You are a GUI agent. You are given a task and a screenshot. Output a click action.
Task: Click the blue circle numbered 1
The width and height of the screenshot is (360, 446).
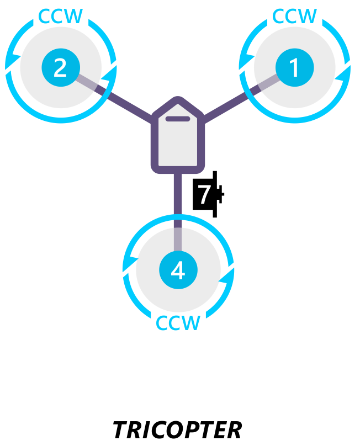[294, 68]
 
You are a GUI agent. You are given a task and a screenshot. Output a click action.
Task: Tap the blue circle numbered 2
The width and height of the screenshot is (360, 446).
[60, 68]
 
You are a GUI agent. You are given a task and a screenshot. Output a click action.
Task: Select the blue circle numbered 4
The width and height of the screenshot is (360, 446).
[178, 270]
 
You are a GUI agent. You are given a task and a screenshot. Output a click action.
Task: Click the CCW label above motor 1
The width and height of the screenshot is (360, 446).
[295, 16]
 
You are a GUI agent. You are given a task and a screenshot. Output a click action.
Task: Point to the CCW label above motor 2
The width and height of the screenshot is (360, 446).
[60, 16]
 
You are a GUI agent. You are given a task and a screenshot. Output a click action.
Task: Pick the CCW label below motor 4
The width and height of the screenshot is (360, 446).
[178, 323]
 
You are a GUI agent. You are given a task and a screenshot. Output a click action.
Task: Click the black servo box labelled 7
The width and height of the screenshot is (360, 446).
[205, 194]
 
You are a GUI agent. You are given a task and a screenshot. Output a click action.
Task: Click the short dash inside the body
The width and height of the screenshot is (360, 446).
[178, 118]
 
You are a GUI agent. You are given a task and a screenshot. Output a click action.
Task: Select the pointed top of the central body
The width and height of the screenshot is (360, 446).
[178, 100]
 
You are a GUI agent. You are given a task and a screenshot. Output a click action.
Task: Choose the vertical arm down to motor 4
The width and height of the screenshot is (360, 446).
[178, 199]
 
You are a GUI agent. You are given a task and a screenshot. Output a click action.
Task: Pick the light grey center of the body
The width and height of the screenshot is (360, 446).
[178, 144]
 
